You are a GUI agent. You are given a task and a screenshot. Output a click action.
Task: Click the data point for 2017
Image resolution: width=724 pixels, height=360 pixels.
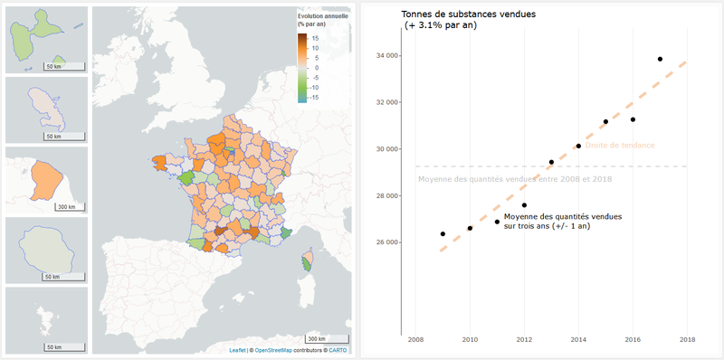tap(660, 59)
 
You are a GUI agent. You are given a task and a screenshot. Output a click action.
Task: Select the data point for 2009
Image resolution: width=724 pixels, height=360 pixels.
tap(443, 234)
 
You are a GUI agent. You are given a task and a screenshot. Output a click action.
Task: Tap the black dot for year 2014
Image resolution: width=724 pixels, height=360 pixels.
tap(578, 146)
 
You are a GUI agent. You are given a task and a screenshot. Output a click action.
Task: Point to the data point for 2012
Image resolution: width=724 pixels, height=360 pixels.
tap(524, 205)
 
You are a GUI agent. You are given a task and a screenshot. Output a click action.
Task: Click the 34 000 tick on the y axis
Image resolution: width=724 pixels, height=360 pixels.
tap(386, 56)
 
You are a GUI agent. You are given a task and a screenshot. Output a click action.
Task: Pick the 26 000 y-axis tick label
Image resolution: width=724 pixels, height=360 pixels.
tap(386, 242)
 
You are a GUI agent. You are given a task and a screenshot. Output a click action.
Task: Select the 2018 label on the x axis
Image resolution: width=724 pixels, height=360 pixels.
tap(686, 340)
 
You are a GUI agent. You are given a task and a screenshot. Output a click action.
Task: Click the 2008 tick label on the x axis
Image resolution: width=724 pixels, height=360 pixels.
tap(414, 340)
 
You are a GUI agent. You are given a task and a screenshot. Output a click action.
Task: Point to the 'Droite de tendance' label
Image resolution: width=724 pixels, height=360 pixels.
tap(620, 146)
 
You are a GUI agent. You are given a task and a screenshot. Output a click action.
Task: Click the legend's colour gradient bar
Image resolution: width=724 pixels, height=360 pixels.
tap(302, 67)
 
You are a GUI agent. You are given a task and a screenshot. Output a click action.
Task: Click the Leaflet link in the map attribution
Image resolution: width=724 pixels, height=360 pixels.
tap(237, 350)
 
